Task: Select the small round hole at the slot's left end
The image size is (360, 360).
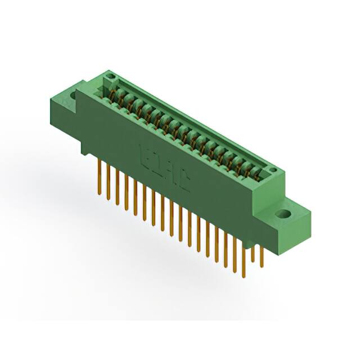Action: pyautogui.click(x=110, y=76)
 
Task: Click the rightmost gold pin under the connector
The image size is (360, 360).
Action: pyautogui.click(x=262, y=256)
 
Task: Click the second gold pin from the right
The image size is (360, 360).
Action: pyautogui.click(x=253, y=253)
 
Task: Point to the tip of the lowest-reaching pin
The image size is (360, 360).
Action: pyautogui.click(x=244, y=276)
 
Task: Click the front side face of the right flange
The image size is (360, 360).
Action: pyautogui.click(x=292, y=231)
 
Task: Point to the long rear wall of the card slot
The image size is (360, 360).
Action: pyautogui.click(x=191, y=121)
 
